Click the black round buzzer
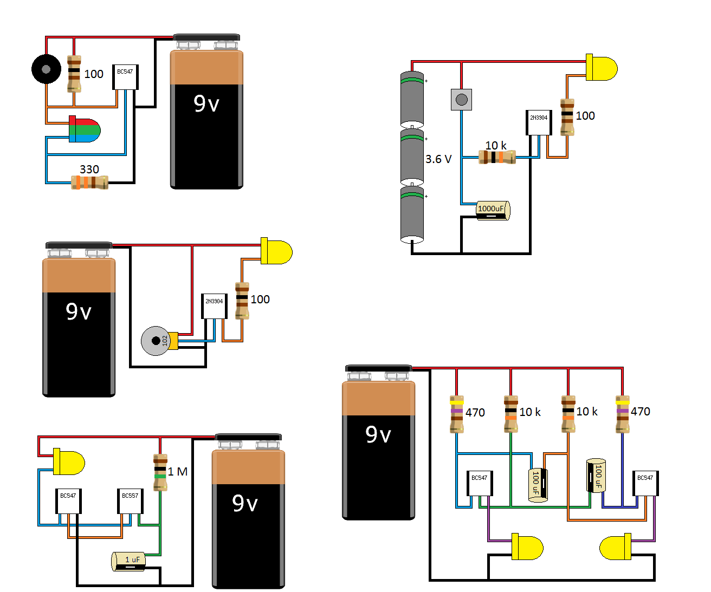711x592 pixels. tap(46, 69)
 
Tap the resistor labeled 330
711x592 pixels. tap(90, 183)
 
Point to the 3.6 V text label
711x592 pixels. tap(438, 159)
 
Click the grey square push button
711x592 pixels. tap(462, 100)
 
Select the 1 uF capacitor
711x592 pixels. tap(129, 561)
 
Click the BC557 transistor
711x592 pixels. tap(130, 501)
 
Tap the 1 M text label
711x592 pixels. tap(177, 472)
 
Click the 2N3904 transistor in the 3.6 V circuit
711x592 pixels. tap(539, 122)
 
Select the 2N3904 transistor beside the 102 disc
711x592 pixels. tap(214, 306)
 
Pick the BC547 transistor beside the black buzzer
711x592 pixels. tap(125, 77)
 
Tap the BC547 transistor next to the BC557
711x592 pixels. tap(68, 501)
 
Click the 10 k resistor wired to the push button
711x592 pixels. tap(497, 157)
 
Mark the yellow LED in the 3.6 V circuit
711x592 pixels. tap(601, 68)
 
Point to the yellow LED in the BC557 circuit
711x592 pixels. tap(69, 461)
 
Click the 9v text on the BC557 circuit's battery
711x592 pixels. tap(245, 504)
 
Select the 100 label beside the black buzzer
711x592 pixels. tap(94, 74)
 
